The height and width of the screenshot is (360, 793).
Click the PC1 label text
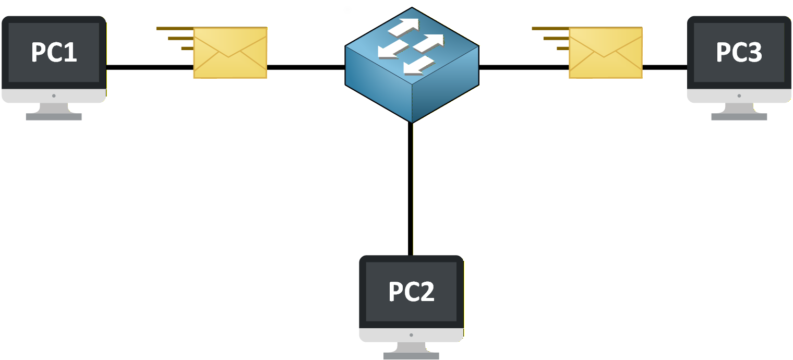pyautogui.click(x=54, y=52)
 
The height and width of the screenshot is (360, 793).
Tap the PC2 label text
pyautogui.click(x=412, y=291)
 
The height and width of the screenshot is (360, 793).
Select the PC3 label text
pyautogui.click(x=739, y=52)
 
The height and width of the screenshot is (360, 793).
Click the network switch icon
pyautogui.click(x=412, y=65)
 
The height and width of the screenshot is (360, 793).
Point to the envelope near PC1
pyautogui.click(x=230, y=53)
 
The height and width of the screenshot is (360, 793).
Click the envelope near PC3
pyautogui.click(x=605, y=53)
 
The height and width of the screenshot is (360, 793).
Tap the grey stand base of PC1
pyautogui.click(x=54, y=117)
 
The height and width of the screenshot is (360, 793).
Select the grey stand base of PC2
pyautogui.click(x=411, y=356)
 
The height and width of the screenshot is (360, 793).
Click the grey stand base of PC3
pyautogui.click(x=739, y=117)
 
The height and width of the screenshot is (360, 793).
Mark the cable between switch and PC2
pyautogui.click(x=411, y=188)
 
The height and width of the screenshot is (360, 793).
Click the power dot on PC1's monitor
pyautogui.click(x=54, y=96)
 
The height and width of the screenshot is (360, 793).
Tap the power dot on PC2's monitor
pyautogui.click(x=411, y=335)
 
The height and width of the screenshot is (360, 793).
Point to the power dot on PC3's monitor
pyautogui.click(x=739, y=96)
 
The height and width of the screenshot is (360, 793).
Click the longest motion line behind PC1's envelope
pyautogui.click(x=175, y=28)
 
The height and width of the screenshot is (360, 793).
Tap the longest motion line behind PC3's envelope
pyautogui.click(x=550, y=28)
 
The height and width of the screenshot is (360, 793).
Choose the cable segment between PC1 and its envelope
pyautogui.click(x=150, y=67)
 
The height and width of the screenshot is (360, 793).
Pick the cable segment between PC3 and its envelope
pyautogui.click(x=665, y=67)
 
